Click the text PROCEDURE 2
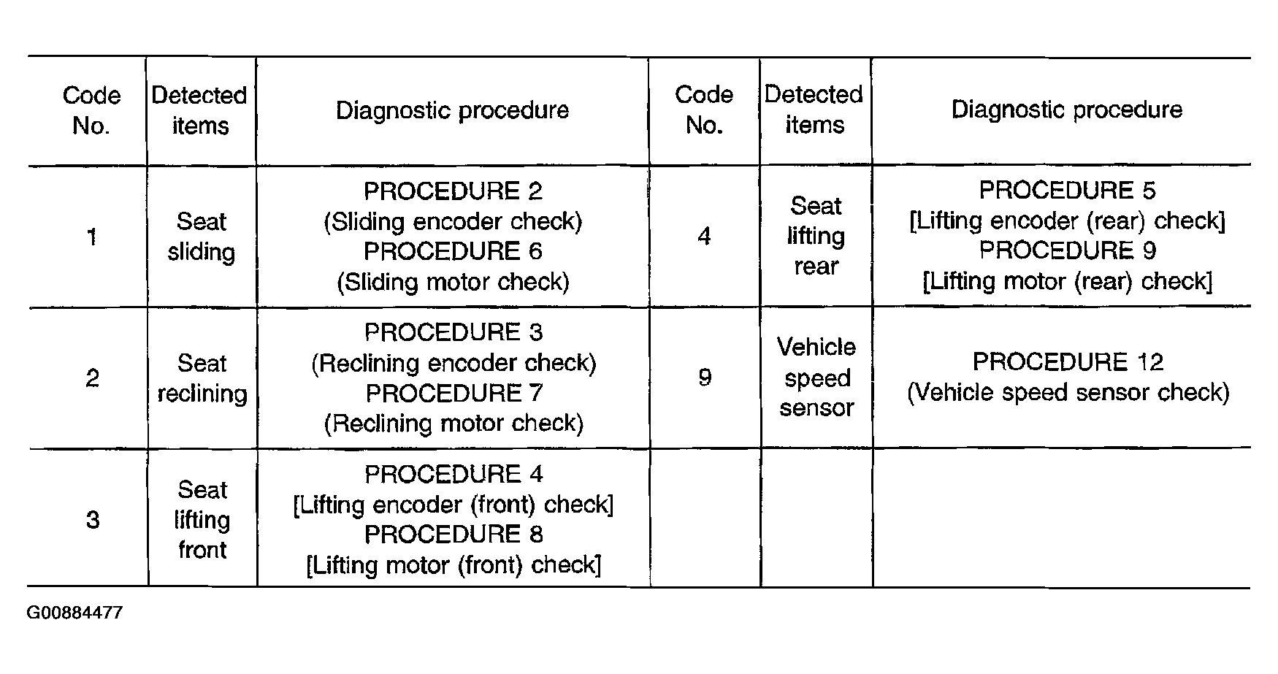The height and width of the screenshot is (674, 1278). [x=453, y=191]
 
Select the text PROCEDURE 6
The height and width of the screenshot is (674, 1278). [x=453, y=251]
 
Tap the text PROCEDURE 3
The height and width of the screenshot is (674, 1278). [x=454, y=332]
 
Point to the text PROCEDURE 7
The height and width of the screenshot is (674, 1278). [x=454, y=393]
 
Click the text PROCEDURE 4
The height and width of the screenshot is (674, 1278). [x=454, y=474]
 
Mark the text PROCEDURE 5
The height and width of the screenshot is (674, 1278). [x=1067, y=191]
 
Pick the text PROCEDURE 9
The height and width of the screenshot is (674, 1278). [x=1067, y=250]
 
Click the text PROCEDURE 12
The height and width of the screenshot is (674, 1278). [x=1068, y=361]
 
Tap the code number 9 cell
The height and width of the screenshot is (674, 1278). [x=705, y=378]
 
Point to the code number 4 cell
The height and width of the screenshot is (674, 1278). [x=705, y=236]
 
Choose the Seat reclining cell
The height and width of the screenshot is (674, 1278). [x=202, y=378]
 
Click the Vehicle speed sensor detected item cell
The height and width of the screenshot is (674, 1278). [x=816, y=378]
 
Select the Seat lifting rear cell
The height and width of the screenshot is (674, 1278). [x=816, y=236]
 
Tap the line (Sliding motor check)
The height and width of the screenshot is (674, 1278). [x=453, y=282]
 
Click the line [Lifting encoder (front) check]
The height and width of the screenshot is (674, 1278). [x=454, y=505]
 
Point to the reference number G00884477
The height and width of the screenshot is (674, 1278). [x=74, y=613]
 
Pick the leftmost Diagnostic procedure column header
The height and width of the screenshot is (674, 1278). [x=453, y=110]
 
